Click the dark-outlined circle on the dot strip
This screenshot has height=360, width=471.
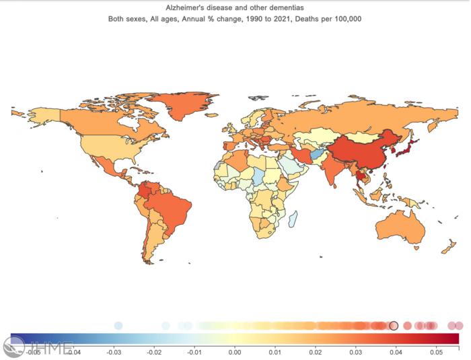(394, 326)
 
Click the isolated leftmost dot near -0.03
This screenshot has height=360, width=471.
(118, 326)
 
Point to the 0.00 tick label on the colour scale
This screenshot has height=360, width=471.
(234, 351)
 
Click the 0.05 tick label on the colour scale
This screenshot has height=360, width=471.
(436, 351)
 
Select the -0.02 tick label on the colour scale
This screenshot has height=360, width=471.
(154, 351)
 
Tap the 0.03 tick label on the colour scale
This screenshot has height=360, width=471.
(355, 351)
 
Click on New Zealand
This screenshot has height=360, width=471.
(445, 248)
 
